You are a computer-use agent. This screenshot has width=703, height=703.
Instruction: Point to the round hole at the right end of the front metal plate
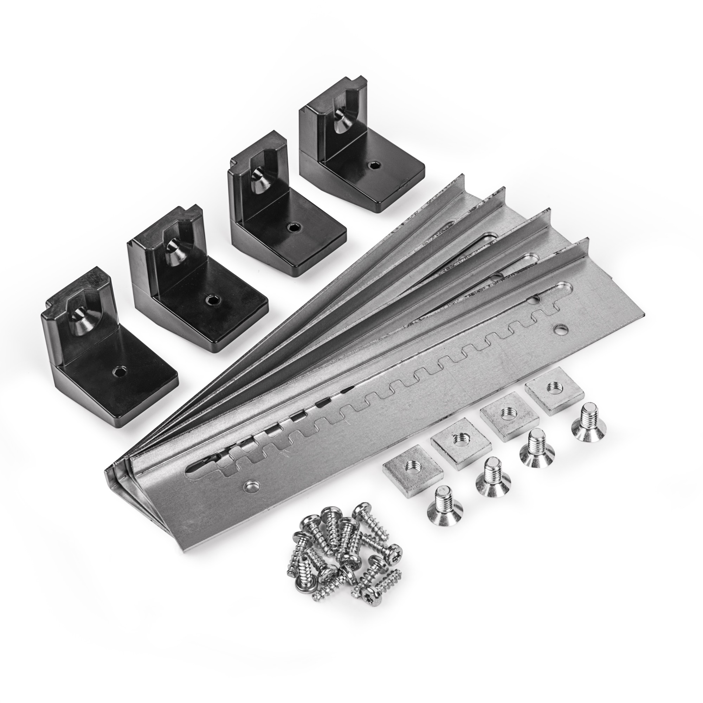558,329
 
